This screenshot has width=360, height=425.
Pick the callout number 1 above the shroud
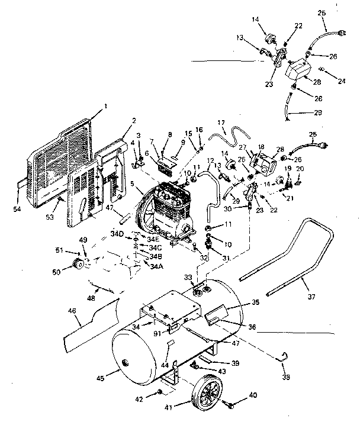tap(106, 107)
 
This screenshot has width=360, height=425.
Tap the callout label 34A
tap(156, 266)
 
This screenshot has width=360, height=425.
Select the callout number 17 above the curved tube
tap(222, 123)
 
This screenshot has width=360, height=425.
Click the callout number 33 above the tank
tap(187, 277)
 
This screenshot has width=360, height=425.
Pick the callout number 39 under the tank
tap(235, 363)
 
